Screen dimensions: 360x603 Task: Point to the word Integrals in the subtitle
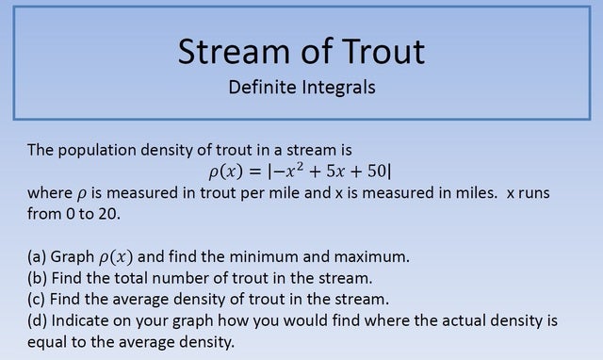(338, 88)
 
